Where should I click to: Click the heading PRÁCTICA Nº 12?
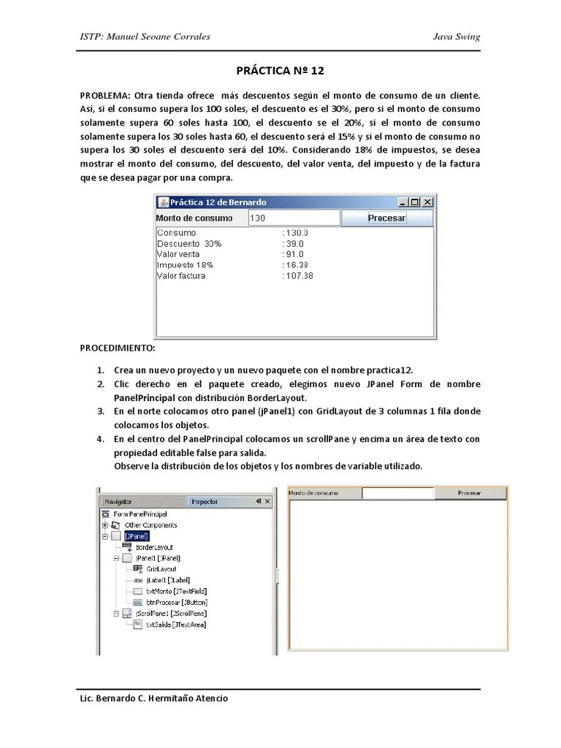[x=280, y=71]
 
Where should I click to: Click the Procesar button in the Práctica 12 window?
[x=386, y=218]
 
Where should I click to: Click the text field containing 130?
[x=294, y=218]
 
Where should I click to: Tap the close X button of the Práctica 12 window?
[x=428, y=202]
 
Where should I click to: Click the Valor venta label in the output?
[x=178, y=254]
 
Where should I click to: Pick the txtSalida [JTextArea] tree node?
[x=175, y=625]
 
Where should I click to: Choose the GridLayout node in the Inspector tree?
[x=161, y=568]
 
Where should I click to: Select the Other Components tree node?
[x=150, y=524]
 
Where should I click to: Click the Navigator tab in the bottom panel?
[x=121, y=502]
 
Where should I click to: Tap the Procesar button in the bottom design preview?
[x=469, y=493]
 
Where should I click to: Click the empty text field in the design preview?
[x=398, y=493]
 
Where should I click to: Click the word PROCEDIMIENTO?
[x=118, y=348]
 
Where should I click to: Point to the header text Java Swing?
[x=457, y=37]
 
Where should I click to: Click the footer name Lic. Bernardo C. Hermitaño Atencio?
[x=153, y=698]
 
